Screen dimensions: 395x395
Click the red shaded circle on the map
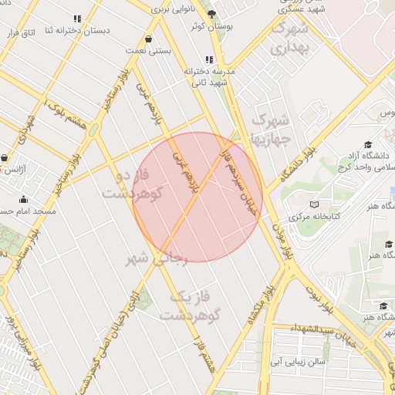[x=197, y=197]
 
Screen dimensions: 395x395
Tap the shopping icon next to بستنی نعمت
[x=148, y=38]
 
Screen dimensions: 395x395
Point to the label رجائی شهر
[x=157, y=258]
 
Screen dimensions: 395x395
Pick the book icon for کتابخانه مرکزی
[x=313, y=204]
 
